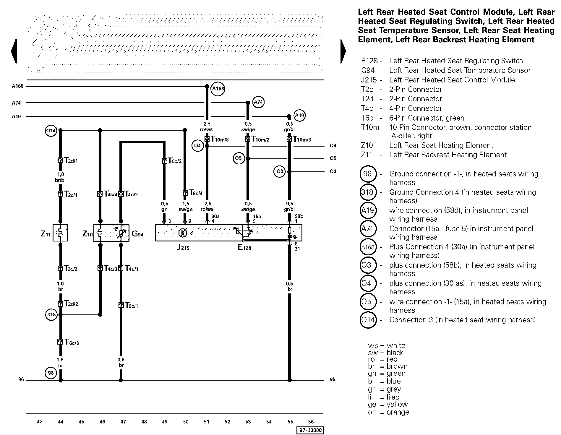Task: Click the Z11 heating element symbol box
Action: pyautogui.click(x=60, y=233)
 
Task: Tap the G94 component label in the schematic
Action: pyautogui.click(x=137, y=234)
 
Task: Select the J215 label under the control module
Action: pyautogui.click(x=183, y=247)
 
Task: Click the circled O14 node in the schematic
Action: pyautogui.click(x=51, y=130)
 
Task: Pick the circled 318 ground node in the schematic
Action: pyautogui.click(x=51, y=314)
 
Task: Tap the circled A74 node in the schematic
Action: pyautogui.click(x=258, y=102)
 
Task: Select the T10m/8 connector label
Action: pyautogui.click(x=219, y=139)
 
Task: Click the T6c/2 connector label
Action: pyautogui.click(x=174, y=161)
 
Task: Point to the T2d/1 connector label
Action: pyautogui.click(x=71, y=161)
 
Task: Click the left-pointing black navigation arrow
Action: pyautogui.click(x=14, y=51)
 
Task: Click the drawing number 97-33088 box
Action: pyautogui.click(x=310, y=430)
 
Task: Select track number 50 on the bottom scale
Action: pyautogui.click(x=186, y=422)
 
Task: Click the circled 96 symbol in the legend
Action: pyautogui.click(x=367, y=174)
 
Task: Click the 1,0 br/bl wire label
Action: pyautogui.click(x=60, y=177)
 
